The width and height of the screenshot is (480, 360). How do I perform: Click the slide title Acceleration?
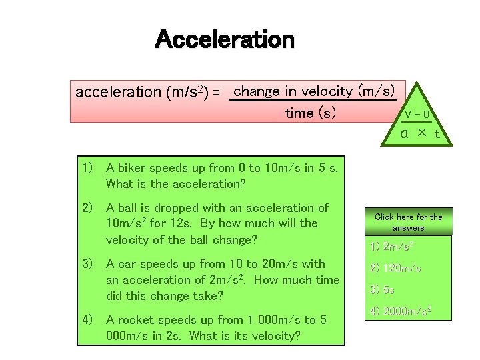tap(224, 41)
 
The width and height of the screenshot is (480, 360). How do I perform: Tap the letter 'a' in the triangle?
tap(404, 133)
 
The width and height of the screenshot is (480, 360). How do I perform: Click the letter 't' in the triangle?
tap(437, 133)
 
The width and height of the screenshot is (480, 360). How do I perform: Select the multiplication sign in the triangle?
tap(421, 132)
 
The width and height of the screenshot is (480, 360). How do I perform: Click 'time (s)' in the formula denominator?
tap(311, 113)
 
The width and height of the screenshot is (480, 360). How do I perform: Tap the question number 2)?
tap(87, 208)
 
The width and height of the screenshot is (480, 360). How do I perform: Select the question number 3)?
tap(87, 264)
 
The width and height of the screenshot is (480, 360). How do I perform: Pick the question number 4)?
tap(87, 319)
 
